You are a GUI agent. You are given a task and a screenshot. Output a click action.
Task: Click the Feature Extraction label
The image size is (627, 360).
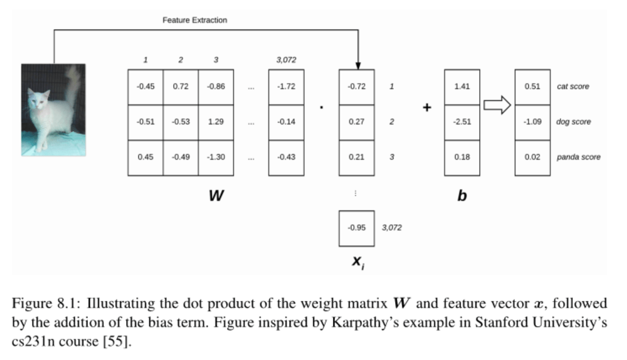pyautogui.click(x=194, y=20)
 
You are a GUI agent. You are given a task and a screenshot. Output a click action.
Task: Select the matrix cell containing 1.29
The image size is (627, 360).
pyautogui.click(x=216, y=122)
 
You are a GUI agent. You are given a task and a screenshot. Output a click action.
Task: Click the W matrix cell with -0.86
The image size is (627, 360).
pyautogui.click(x=216, y=87)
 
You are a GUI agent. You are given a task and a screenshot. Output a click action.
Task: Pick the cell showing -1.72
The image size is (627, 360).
pyautogui.click(x=286, y=87)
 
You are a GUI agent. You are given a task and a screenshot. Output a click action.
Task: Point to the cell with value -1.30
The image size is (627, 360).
pyautogui.click(x=216, y=157)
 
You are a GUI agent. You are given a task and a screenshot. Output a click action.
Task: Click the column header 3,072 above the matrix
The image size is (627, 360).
pyautogui.click(x=286, y=59)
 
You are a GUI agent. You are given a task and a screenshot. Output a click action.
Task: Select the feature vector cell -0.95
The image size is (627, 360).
pyautogui.click(x=356, y=228)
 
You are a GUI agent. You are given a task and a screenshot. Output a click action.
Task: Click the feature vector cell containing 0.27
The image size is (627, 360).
pyautogui.click(x=356, y=122)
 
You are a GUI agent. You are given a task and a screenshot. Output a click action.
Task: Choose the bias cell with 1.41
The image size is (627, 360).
pyautogui.click(x=462, y=87)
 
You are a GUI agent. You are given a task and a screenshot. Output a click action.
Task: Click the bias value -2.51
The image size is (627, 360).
pyautogui.click(x=462, y=122)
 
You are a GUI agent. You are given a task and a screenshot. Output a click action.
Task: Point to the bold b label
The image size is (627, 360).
pyautogui.click(x=462, y=196)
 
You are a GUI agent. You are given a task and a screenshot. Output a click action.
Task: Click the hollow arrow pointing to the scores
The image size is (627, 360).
pyautogui.click(x=496, y=105)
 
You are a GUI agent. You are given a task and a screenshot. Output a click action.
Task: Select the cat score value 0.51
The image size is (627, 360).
pyautogui.click(x=532, y=87)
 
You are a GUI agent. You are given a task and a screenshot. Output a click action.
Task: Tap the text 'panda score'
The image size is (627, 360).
pyautogui.click(x=578, y=157)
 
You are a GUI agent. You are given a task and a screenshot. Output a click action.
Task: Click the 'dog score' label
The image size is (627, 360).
pyautogui.click(x=573, y=122)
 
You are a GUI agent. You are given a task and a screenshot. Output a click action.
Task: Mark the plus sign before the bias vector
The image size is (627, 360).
pyautogui.click(x=426, y=107)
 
